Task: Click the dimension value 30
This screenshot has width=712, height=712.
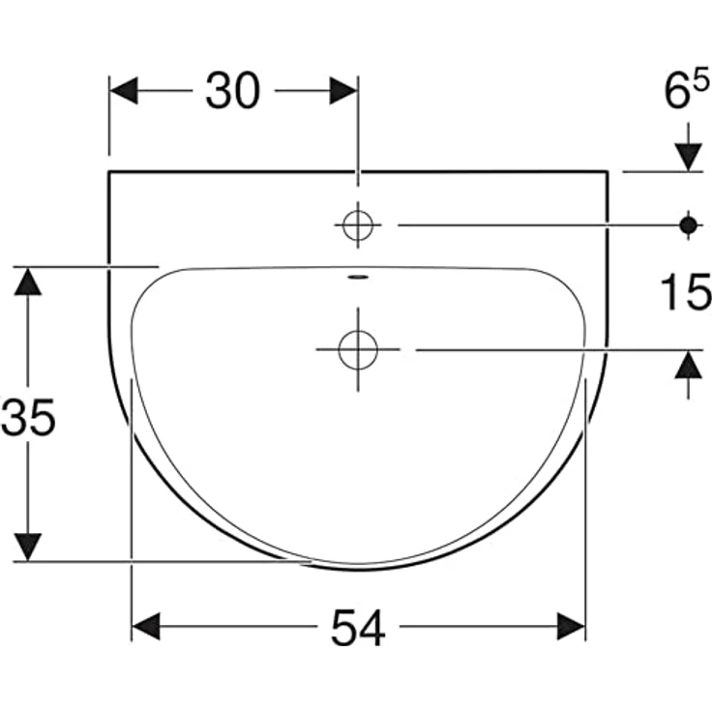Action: [232, 92]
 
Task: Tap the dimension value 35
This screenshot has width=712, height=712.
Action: [29, 418]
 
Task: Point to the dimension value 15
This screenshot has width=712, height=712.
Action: [685, 293]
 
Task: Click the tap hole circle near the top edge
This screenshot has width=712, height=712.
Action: [358, 224]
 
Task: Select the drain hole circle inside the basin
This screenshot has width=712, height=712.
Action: [358, 348]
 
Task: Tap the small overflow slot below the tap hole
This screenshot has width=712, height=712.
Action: [358, 278]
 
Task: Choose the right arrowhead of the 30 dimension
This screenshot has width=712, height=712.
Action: [343, 92]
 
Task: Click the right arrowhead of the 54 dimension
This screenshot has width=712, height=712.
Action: [571, 627]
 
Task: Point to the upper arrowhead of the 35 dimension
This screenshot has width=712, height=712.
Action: [29, 282]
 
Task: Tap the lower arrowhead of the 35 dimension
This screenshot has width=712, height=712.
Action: [29, 546]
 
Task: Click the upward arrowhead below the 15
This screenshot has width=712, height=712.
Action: [689, 365]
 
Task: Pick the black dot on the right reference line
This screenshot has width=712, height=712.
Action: [689, 224]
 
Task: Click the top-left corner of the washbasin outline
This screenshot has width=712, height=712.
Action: [109, 172]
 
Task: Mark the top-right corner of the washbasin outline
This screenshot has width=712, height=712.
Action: [608, 172]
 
